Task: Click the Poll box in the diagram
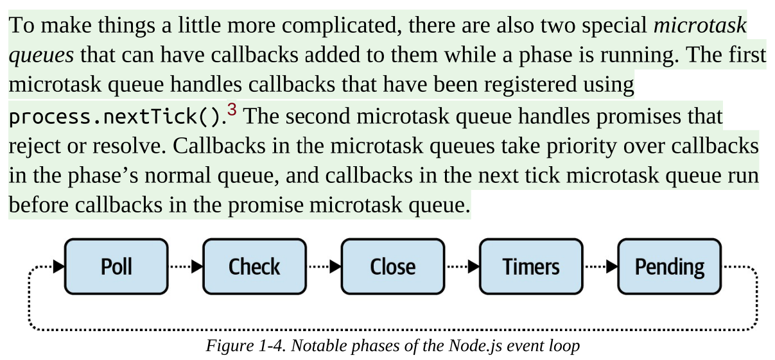tap(116, 266)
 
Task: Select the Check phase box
tap(254, 266)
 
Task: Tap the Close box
tap(392, 266)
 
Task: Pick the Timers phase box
tap(531, 266)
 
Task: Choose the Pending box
tap(669, 266)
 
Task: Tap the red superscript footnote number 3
tap(232, 112)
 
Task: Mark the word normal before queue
tap(145, 176)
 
